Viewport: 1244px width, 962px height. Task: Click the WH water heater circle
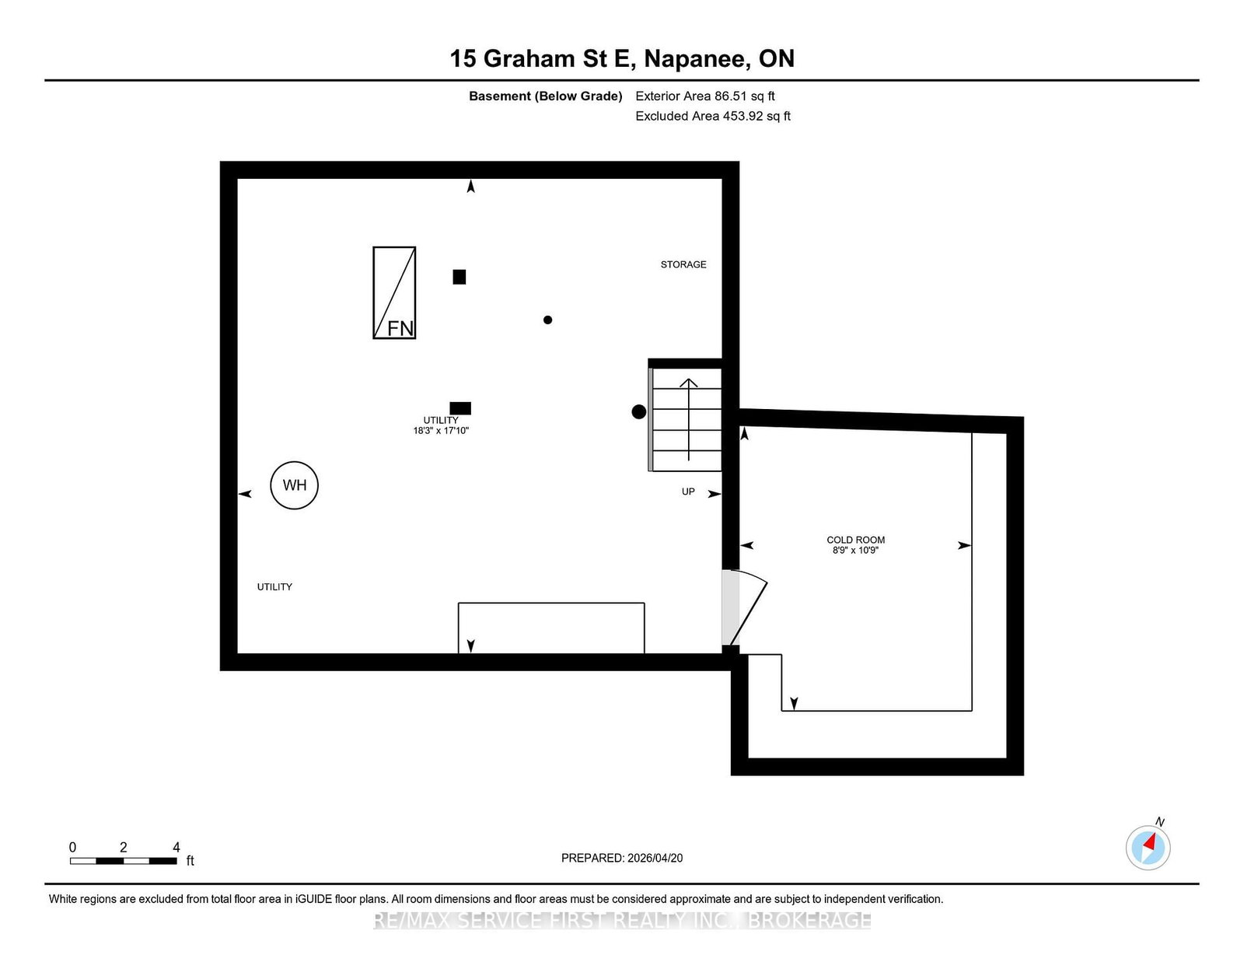point(294,485)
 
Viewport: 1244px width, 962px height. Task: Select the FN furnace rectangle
point(394,292)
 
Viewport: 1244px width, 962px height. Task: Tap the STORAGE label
point(683,264)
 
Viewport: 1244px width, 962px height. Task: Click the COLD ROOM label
point(855,540)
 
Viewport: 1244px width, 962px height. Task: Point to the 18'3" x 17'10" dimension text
point(441,431)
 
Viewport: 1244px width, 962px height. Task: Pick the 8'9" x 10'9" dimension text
point(855,551)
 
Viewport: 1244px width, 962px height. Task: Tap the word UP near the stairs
point(688,492)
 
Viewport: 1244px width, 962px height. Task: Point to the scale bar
point(123,860)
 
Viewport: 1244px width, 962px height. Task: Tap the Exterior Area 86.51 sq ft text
point(705,96)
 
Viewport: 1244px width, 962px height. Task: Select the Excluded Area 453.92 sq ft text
point(713,116)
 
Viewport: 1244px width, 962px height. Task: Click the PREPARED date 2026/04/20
point(622,858)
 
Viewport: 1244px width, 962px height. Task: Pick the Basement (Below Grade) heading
point(545,96)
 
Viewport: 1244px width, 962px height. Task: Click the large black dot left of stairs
point(638,412)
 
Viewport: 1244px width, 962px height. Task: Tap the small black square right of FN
point(460,277)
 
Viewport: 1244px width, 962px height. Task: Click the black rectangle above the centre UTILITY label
point(460,408)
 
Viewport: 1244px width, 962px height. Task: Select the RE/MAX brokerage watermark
point(622,921)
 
